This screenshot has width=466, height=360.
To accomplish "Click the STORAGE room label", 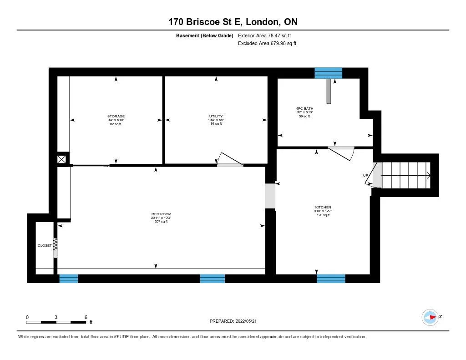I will (116, 117).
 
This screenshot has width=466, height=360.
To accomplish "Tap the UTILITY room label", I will (216, 117).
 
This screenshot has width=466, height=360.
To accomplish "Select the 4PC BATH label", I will (304, 109).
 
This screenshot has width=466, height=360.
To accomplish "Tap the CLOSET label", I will (45, 246).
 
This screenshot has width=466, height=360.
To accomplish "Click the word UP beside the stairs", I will (365, 176).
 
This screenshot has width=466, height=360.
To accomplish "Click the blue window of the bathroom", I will (328, 73).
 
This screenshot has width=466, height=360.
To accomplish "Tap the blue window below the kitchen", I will (331, 278).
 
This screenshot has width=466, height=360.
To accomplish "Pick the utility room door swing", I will (230, 159).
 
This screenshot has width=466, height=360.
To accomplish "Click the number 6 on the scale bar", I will (86, 317).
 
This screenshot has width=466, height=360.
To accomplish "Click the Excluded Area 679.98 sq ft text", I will (267, 44).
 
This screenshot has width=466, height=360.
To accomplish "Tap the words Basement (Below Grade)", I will (205, 35).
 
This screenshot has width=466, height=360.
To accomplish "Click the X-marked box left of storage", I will (62, 159).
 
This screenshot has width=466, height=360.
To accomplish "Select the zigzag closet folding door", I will (56, 245).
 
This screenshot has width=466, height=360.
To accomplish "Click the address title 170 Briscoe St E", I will (233, 22).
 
